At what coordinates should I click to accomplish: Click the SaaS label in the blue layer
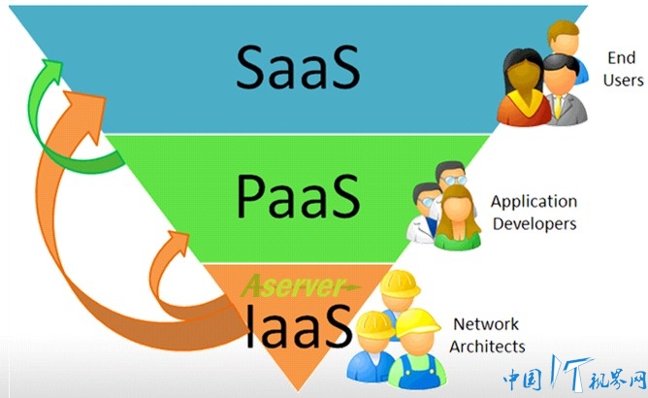[x=298, y=67]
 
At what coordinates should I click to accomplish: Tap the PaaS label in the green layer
[x=298, y=196]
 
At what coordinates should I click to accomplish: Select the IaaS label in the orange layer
[x=299, y=325]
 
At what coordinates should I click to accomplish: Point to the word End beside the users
[x=621, y=58]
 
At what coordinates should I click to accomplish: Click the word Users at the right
[x=623, y=80]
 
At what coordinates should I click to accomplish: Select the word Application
[x=534, y=202]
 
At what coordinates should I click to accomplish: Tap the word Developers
[x=535, y=224]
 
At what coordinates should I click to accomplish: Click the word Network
[x=486, y=324]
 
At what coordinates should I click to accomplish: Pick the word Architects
[x=487, y=347]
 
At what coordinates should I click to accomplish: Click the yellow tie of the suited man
[x=558, y=107]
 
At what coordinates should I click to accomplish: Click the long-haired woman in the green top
[x=458, y=218]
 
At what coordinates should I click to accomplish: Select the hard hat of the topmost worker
[x=400, y=283]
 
